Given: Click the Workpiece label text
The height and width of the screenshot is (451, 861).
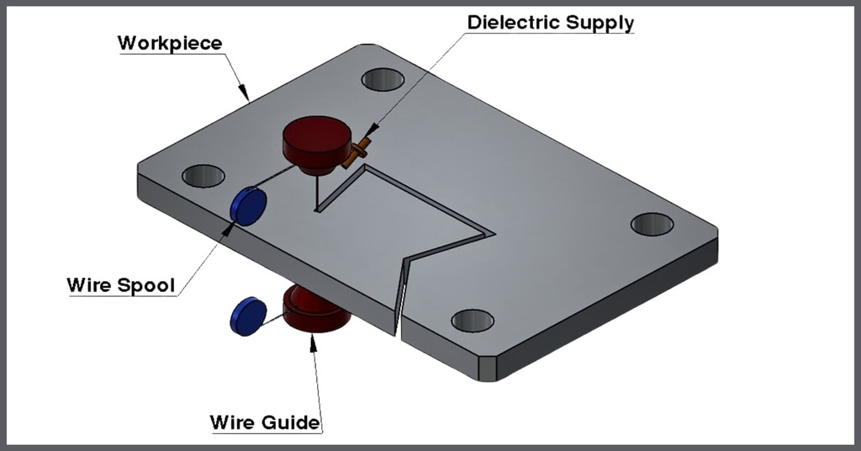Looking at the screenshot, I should pos(170,42).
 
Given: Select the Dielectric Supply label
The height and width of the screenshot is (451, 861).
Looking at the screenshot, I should pos(551,22).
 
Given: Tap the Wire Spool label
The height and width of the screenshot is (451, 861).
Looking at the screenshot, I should pos(121,285).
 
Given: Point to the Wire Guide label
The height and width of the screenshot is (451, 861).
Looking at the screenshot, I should pos(265,421).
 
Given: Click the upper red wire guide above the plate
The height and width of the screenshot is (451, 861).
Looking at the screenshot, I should pos(316,142).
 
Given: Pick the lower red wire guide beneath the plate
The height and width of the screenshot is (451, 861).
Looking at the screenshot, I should pos(315,310).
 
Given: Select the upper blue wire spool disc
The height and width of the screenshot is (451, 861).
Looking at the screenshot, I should pos(248,206).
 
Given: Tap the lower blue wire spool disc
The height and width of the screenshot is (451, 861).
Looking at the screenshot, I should pos(247,316).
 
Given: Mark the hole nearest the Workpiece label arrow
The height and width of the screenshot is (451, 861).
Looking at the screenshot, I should pos(383,80).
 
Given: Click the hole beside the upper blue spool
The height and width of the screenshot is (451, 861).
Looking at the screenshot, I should pos(203,176).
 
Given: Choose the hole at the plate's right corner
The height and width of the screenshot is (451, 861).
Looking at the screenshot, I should pos(652,224).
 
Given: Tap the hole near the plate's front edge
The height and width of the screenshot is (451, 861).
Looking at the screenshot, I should pos(473,321).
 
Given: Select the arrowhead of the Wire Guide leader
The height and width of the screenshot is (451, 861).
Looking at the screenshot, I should pos(314,339).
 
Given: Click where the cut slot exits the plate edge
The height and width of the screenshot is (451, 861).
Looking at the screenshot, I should pos(397,323).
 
